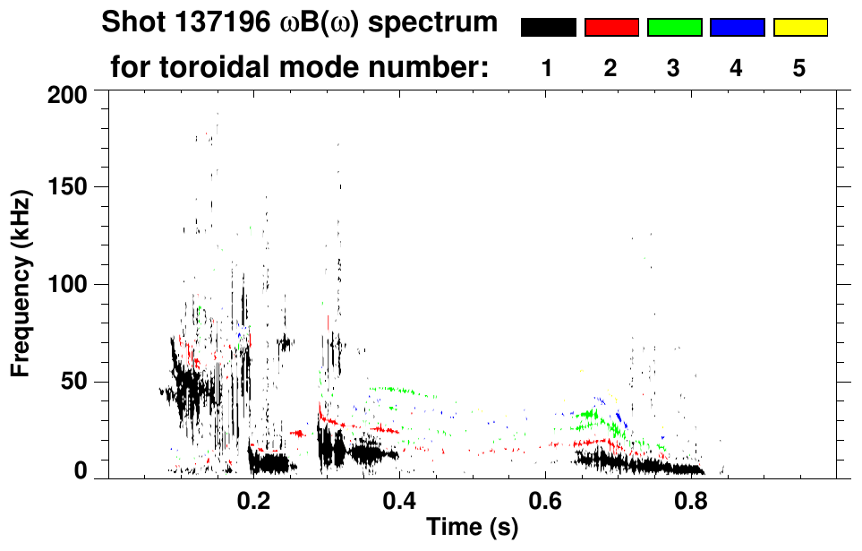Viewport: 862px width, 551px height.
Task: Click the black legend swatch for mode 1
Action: coord(548,28)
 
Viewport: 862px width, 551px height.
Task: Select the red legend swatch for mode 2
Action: coord(611,28)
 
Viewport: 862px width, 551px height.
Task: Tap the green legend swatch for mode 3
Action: coord(674,28)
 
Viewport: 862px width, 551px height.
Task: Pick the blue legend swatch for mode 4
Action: coord(737,28)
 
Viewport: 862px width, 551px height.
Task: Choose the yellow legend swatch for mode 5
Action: coord(799,28)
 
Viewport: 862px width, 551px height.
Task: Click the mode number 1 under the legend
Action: coord(547,68)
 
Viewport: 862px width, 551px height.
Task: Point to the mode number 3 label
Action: coord(673,68)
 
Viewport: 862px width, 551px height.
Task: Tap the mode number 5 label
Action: coord(798,68)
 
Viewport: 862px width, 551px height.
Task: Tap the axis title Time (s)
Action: coord(471,528)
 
